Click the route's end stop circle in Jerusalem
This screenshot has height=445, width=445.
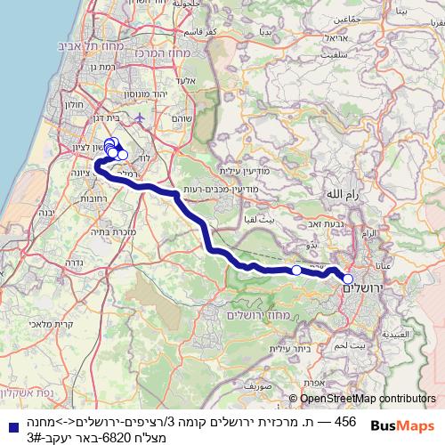348,279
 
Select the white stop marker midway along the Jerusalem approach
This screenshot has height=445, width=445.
296,270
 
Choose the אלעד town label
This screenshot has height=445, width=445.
184,80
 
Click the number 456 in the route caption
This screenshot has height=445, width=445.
344,421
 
